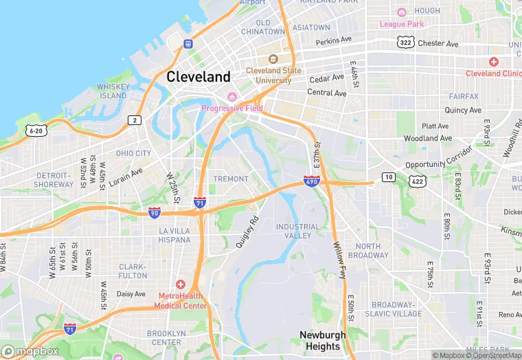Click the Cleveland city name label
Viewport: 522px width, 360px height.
tap(198, 76)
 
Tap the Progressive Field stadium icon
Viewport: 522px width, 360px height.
tap(231, 96)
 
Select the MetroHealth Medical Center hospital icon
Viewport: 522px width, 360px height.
tap(181, 284)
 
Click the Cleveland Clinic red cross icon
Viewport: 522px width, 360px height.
tap(493, 62)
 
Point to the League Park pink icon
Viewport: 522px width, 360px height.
tap(402, 12)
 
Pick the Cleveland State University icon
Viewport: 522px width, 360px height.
tap(273, 60)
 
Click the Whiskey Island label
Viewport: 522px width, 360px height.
tap(113, 91)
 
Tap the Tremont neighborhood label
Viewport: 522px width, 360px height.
tap(231, 179)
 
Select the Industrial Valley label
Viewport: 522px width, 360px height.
tap(297, 231)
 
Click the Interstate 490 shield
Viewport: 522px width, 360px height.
tap(311, 181)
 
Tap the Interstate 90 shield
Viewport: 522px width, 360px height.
tap(155, 213)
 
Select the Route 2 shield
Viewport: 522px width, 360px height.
tap(135, 120)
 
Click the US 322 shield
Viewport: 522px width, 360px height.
tap(405, 43)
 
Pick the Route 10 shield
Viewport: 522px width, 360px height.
tap(389, 177)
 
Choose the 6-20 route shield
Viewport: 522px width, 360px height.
tap(36, 130)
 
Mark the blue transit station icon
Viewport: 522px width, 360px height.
tap(188, 44)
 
